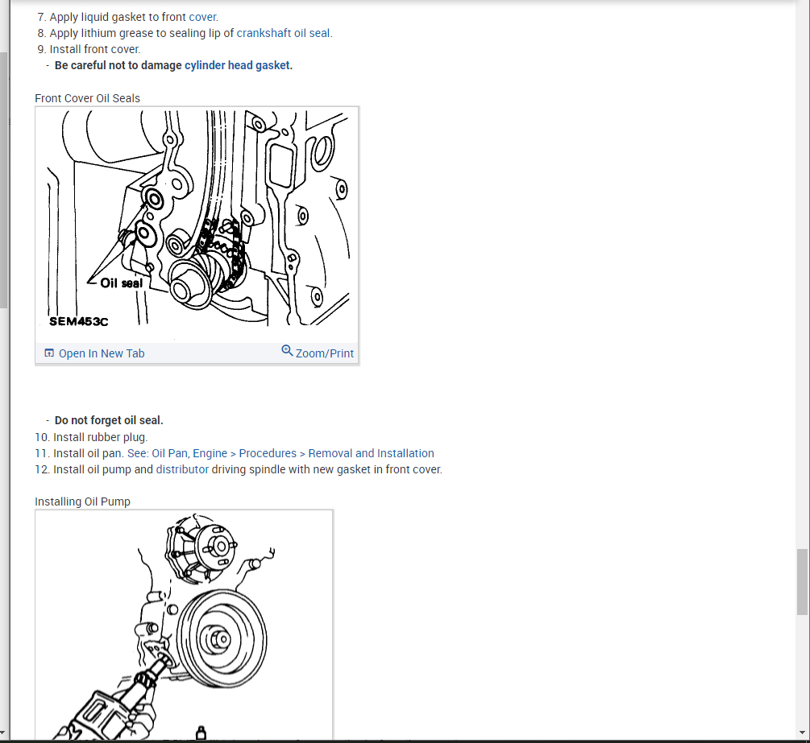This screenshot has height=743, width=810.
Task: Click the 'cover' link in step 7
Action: (x=202, y=17)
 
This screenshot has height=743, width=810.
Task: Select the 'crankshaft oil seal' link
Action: (x=283, y=33)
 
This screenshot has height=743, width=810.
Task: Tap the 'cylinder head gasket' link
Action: (x=237, y=65)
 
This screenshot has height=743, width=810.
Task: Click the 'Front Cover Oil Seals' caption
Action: (x=87, y=98)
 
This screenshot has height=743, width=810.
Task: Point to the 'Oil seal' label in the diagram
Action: (x=122, y=283)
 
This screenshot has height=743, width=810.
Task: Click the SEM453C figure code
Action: (x=78, y=321)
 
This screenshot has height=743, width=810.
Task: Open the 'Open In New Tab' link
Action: (x=102, y=353)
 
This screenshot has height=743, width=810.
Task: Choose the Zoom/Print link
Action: (x=325, y=353)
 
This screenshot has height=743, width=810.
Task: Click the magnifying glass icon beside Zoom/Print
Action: (x=287, y=351)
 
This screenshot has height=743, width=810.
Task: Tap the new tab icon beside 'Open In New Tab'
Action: (x=49, y=353)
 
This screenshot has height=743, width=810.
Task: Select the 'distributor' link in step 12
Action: (x=182, y=469)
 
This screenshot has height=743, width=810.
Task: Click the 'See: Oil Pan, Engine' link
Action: (x=177, y=453)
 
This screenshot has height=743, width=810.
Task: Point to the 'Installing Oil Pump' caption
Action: (x=83, y=502)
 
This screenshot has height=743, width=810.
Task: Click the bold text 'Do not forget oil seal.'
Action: (x=109, y=420)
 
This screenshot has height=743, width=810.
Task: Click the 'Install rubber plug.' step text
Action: (x=100, y=438)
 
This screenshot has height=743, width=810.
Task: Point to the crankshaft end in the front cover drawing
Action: (x=181, y=290)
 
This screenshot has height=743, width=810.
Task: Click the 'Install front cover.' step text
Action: (x=95, y=50)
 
